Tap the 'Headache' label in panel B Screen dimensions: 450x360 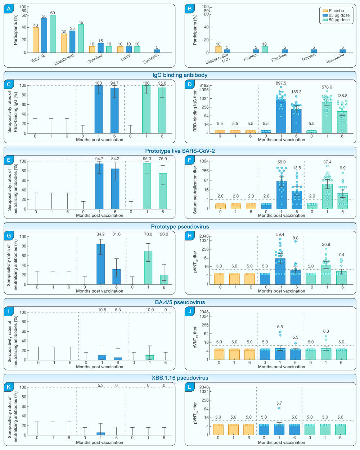point(335,59)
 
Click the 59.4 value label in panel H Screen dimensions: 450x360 point(280,234)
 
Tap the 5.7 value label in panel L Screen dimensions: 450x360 point(279,403)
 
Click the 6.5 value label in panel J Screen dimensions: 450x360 point(280,327)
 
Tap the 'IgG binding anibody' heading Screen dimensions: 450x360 point(180,75)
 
